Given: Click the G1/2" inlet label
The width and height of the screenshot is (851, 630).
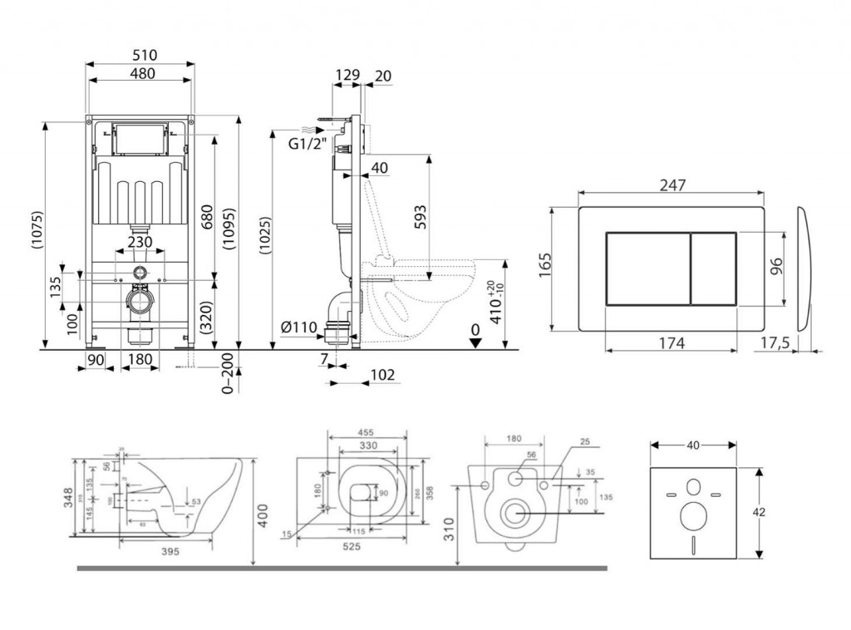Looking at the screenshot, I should click(x=305, y=143).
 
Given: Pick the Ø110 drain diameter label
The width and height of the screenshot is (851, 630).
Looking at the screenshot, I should click(x=299, y=327).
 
